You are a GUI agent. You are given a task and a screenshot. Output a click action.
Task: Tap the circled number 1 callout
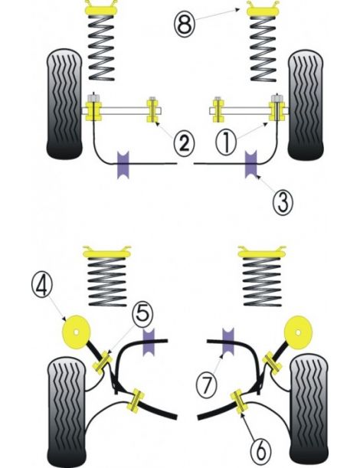[225, 142]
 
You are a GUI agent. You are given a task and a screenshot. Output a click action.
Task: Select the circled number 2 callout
[182, 142]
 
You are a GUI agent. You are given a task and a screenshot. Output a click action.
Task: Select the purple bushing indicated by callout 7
[227, 341]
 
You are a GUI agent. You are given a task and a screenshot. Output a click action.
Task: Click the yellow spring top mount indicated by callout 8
[262, 11]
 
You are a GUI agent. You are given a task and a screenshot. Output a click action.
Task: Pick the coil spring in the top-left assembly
[100, 47]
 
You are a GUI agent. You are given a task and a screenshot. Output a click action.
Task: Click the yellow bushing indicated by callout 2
[153, 110]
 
